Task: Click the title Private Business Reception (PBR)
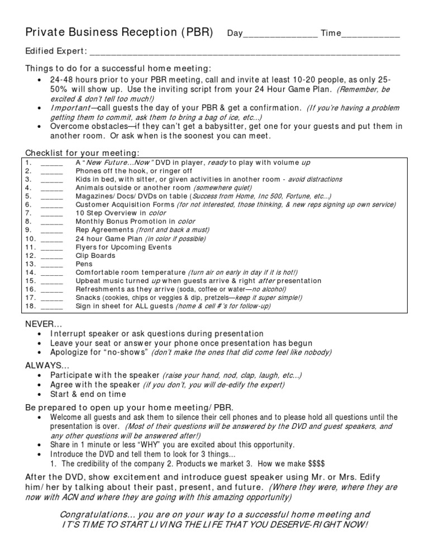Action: [120, 32]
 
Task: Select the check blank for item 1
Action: [51, 162]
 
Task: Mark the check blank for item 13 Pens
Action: [51, 264]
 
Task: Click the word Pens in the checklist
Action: [84, 264]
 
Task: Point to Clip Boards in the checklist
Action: [96, 255]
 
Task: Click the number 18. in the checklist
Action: [31, 306]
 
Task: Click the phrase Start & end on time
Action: [88, 394]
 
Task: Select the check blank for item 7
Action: [51, 213]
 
